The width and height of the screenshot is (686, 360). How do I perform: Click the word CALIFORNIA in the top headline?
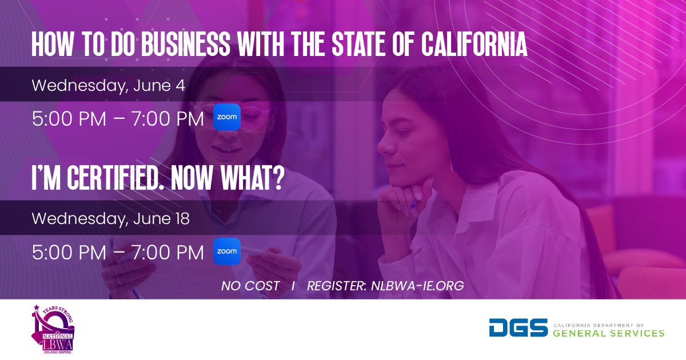(x=474, y=45)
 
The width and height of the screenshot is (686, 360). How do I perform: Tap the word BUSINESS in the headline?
(x=186, y=45)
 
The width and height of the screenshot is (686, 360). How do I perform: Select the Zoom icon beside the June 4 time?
(x=226, y=117)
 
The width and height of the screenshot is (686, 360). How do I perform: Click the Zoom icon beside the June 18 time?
(x=226, y=251)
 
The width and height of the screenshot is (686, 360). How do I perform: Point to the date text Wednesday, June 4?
(x=109, y=86)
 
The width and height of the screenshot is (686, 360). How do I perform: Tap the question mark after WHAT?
(x=278, y=178)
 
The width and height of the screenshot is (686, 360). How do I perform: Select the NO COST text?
(x=250, y=286)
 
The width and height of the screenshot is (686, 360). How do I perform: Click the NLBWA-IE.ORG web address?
(x=417, y=286)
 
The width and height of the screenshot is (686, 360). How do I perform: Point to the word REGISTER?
(x=337, y=286)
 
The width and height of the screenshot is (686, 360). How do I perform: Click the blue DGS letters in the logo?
(x=518, y=327)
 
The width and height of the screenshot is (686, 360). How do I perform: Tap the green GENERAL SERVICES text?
(x=608, y=333)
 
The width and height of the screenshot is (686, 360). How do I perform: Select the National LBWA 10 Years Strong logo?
(x=53, y=329)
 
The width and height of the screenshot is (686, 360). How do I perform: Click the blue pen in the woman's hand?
(x=413, y=203)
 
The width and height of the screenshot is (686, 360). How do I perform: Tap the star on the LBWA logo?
(x=37, y=307)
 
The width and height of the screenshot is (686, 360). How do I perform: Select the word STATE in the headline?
(x=358, y=45)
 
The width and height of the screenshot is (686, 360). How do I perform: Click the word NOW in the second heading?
(x=192, y=178)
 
